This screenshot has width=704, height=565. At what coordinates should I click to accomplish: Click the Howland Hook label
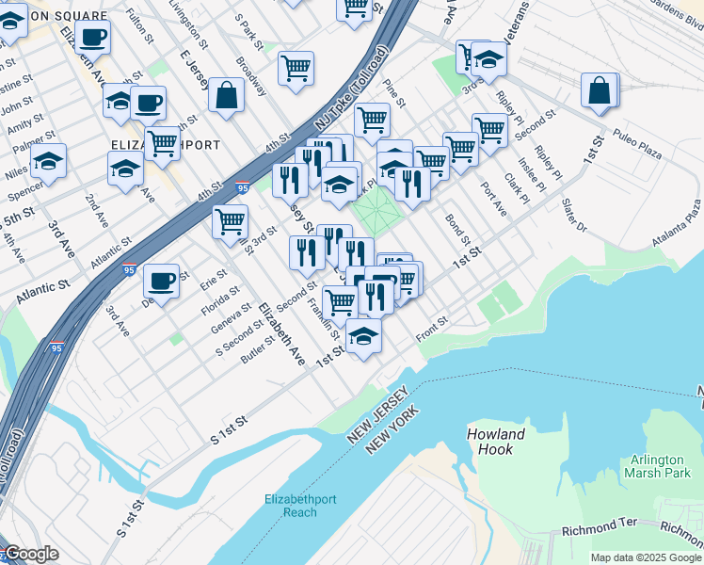click(495, 442)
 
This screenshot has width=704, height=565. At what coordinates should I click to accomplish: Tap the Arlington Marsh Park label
click(657, 466)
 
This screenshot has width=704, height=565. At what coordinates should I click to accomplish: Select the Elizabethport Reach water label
click(289, 505)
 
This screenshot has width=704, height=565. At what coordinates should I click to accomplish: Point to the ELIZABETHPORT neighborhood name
click(166, 146)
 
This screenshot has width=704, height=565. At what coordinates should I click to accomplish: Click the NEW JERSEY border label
click(378, 416)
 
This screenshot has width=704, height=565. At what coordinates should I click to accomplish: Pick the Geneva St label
click(231, 319)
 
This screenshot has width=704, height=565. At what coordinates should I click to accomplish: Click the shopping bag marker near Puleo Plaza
click(599, 91)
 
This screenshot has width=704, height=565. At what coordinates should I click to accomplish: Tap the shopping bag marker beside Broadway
click(226, 95)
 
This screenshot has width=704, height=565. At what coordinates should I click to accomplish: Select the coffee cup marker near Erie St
click(161, 281)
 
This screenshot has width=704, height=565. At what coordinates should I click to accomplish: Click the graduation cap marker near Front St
click(363, 336)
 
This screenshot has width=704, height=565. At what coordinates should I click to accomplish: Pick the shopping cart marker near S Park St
click(296, 68)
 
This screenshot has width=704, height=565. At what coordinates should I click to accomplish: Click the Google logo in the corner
click(31, 554)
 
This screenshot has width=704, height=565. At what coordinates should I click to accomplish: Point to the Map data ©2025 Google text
click(645, 557)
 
